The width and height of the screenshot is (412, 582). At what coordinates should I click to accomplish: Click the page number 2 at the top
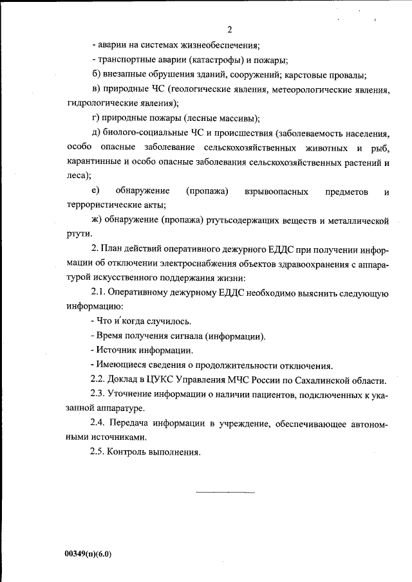(229, 30)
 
